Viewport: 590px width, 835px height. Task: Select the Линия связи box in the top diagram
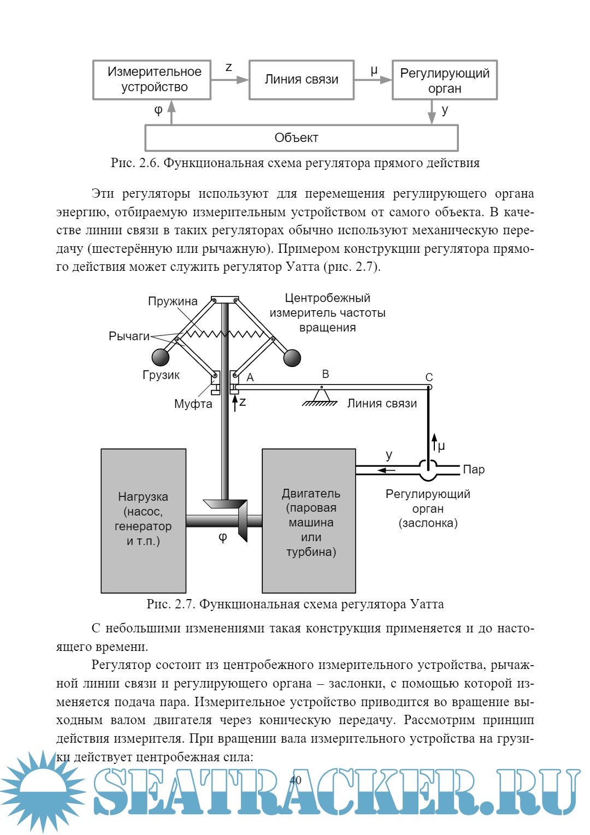302,80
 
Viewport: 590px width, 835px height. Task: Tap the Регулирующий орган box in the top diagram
445,80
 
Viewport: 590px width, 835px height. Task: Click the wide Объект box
301,138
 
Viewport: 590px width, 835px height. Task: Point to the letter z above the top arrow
229,67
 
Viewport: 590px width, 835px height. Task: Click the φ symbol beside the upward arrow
158,110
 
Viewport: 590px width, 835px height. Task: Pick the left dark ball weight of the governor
161,357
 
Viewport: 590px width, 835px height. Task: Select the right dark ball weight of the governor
292,358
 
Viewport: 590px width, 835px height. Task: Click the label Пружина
173,301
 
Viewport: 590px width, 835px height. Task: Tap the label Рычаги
129,336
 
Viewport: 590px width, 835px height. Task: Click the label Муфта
193,404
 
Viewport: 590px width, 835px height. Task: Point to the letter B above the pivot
326,374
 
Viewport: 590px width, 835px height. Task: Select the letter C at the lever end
429,377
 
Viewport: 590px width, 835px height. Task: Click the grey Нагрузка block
144,520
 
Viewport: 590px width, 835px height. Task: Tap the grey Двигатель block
309,520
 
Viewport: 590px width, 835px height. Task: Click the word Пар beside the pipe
474,470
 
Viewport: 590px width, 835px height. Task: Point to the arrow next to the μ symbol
434,442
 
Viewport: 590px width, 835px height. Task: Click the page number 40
296,780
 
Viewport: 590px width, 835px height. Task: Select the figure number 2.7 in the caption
185,604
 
